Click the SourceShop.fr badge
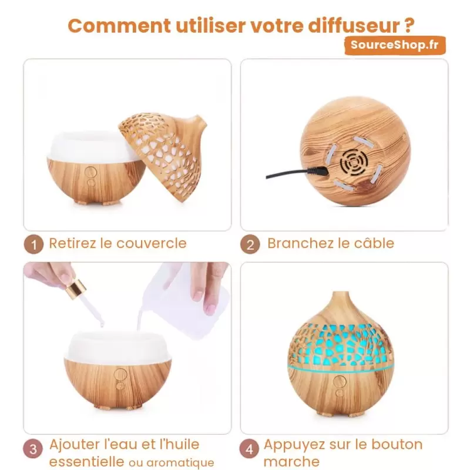[x=395, y=45]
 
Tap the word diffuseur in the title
[x=354, y=25]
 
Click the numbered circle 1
[x=33, y=244]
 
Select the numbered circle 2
[x=250, y=244]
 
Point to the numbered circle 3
[x=33, y=449]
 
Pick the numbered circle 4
[x=249, y=449]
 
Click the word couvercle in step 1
[x=152, y=243]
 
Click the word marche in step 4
[x=291, y=462]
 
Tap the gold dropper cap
[x=76, y=289]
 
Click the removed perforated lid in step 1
[x=163, y=156]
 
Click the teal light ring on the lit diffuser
[x=340, y=368]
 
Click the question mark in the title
[x=408, y=25]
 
